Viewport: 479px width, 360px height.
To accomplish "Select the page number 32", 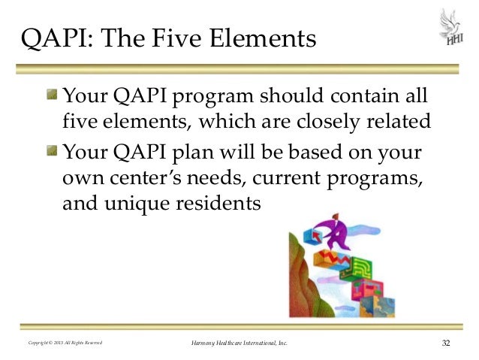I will [x=446, y=343].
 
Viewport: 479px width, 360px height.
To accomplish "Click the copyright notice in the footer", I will [x=65, y=344].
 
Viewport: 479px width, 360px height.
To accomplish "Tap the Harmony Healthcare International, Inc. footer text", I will [x=239, y=344].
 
